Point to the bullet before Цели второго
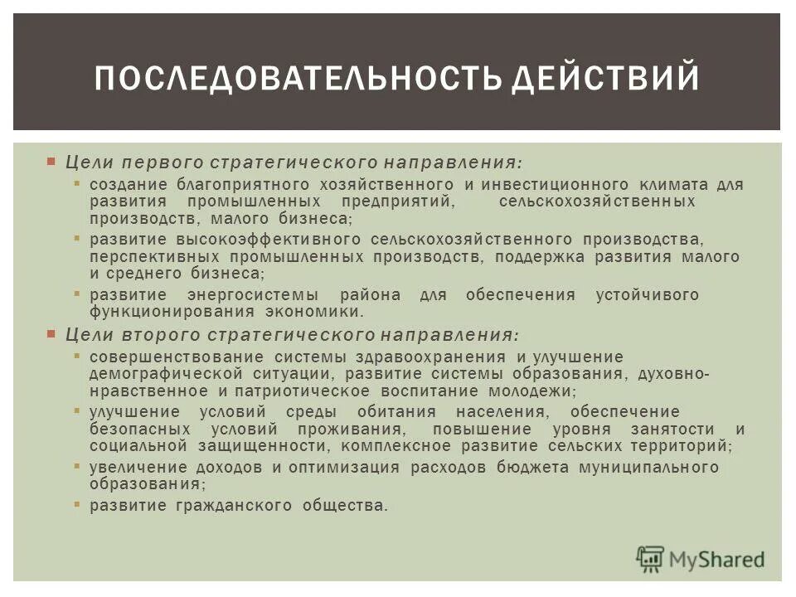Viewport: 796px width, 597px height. (x=51, y=334)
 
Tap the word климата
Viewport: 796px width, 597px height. (x=672, y=184)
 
